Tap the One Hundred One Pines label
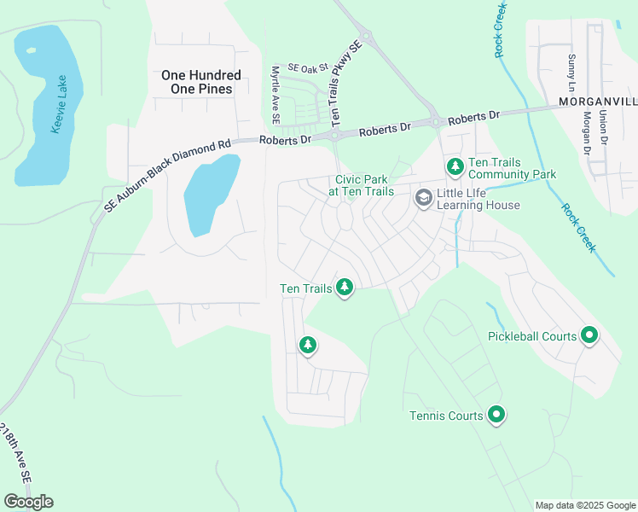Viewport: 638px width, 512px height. pyautogui.click(x=201, y=82)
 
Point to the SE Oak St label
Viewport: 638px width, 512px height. pyautogui.click(x=306, y=67)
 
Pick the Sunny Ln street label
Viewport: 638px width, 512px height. pyautogui.click(x=571, y=73)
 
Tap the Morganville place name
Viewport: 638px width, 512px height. pyautogui.click(x=597, y=101)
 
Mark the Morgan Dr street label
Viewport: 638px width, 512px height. pyautogui.click(x=588, y=137)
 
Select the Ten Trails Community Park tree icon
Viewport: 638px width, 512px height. pyautogui.click(x=455, y=166)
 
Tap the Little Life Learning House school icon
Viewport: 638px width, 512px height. pyautogui.click(x=422, y=198)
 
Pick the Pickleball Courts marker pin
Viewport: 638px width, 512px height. pyautogui.click(x=589, y=335)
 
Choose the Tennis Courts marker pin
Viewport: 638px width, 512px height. pyautogui.click(x=496, y=416)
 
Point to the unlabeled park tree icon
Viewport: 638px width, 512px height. pyautogui.click(x=307, y=345)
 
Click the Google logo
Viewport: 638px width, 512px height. pyautogui.click(x=28, y=502)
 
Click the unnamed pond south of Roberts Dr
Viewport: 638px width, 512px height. pyautogui.click(x=209, y=195)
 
